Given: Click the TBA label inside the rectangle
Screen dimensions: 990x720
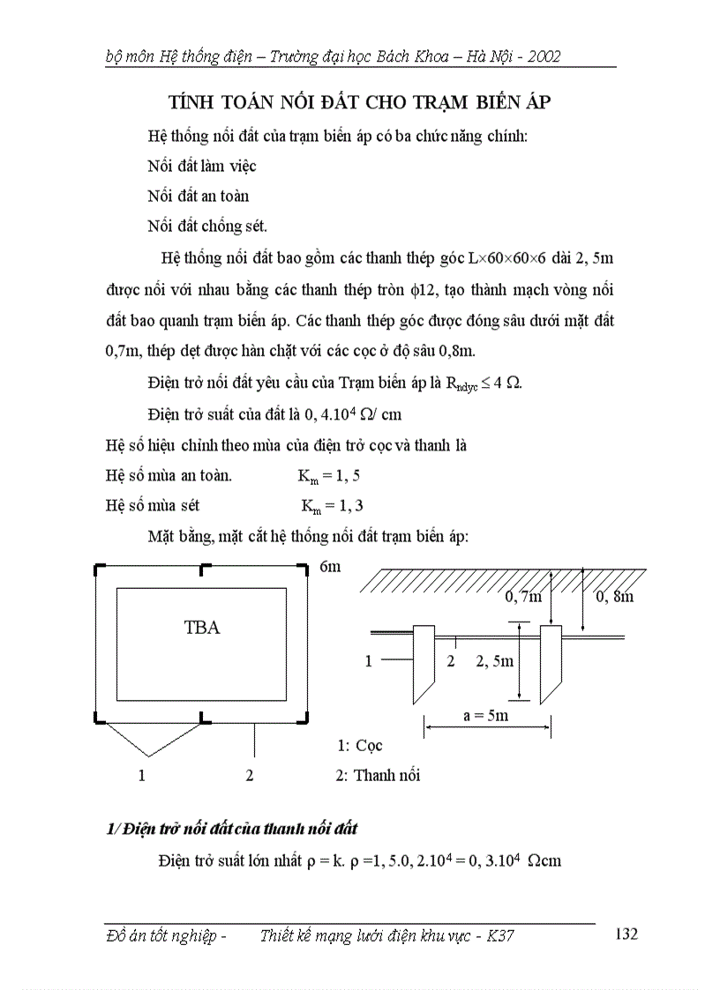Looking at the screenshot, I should (x=201, y=628).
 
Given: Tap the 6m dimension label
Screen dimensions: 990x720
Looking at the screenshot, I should (x=329, y=567).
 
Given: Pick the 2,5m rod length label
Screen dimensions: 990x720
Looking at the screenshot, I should (x=494, y=661).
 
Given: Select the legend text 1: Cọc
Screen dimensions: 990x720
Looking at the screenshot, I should (x=359, y=746).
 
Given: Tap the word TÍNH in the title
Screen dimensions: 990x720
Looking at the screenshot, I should (x=193, y=102).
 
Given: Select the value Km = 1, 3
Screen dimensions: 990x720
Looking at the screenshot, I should (x=332, y=506).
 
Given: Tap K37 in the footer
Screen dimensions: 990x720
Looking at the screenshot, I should (x=499, y=936).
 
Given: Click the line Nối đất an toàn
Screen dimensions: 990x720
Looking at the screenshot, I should (x=198, y=196).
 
